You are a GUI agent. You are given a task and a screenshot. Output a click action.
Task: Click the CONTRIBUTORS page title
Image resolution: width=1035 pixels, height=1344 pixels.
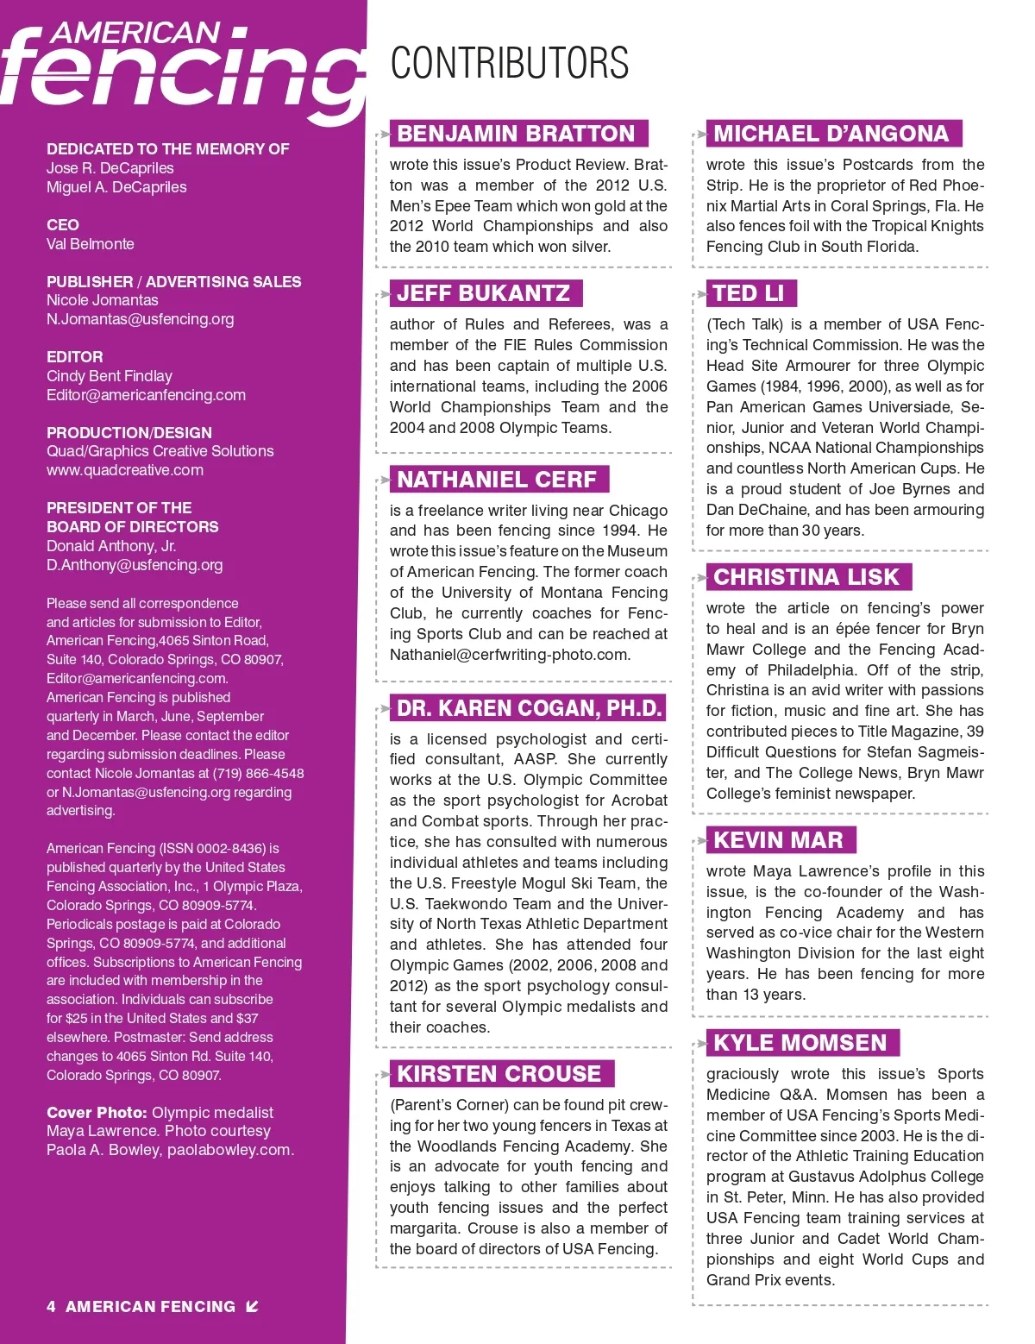tap(509, 63)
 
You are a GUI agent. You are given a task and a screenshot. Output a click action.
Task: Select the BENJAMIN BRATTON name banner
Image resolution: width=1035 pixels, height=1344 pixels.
tap(517, 134)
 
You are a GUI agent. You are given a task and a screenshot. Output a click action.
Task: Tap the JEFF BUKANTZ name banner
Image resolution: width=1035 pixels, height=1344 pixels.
tap(485, 293)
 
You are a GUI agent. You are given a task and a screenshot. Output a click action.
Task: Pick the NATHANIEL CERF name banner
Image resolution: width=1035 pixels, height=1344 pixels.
tap(498, 480)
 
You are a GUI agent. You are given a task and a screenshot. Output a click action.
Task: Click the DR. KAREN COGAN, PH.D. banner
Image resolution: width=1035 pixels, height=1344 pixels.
tap(529, 708)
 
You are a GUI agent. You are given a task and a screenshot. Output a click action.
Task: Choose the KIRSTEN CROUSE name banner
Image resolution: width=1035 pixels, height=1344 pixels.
tap(500, 1074)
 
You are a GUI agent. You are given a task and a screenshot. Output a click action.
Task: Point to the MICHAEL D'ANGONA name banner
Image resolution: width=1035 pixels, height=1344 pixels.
tap(832, 134)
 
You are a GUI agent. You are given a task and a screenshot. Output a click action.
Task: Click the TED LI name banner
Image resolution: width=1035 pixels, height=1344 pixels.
tap(750, 293)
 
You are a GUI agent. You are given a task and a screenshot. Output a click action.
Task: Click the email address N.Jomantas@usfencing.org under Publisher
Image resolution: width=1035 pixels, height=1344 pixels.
tap(141, 319)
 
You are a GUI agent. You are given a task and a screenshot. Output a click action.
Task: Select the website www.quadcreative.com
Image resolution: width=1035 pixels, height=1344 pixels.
tap(125, 470)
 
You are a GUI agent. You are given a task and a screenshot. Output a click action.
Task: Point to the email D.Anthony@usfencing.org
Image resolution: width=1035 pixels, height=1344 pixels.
tap(135, 565)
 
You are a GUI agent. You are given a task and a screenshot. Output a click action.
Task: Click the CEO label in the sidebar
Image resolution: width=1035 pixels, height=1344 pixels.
tap(63, 225)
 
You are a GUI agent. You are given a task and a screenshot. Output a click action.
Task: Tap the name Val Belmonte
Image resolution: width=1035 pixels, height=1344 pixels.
tap(91, 244)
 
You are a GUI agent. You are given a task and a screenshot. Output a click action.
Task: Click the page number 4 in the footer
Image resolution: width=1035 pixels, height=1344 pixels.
tap(52, 1306)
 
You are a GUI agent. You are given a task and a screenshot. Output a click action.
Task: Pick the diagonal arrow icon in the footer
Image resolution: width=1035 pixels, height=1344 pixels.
tap(252, 1306)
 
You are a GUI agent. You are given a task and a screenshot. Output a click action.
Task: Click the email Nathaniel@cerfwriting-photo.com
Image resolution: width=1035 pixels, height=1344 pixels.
tap(510, 655)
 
